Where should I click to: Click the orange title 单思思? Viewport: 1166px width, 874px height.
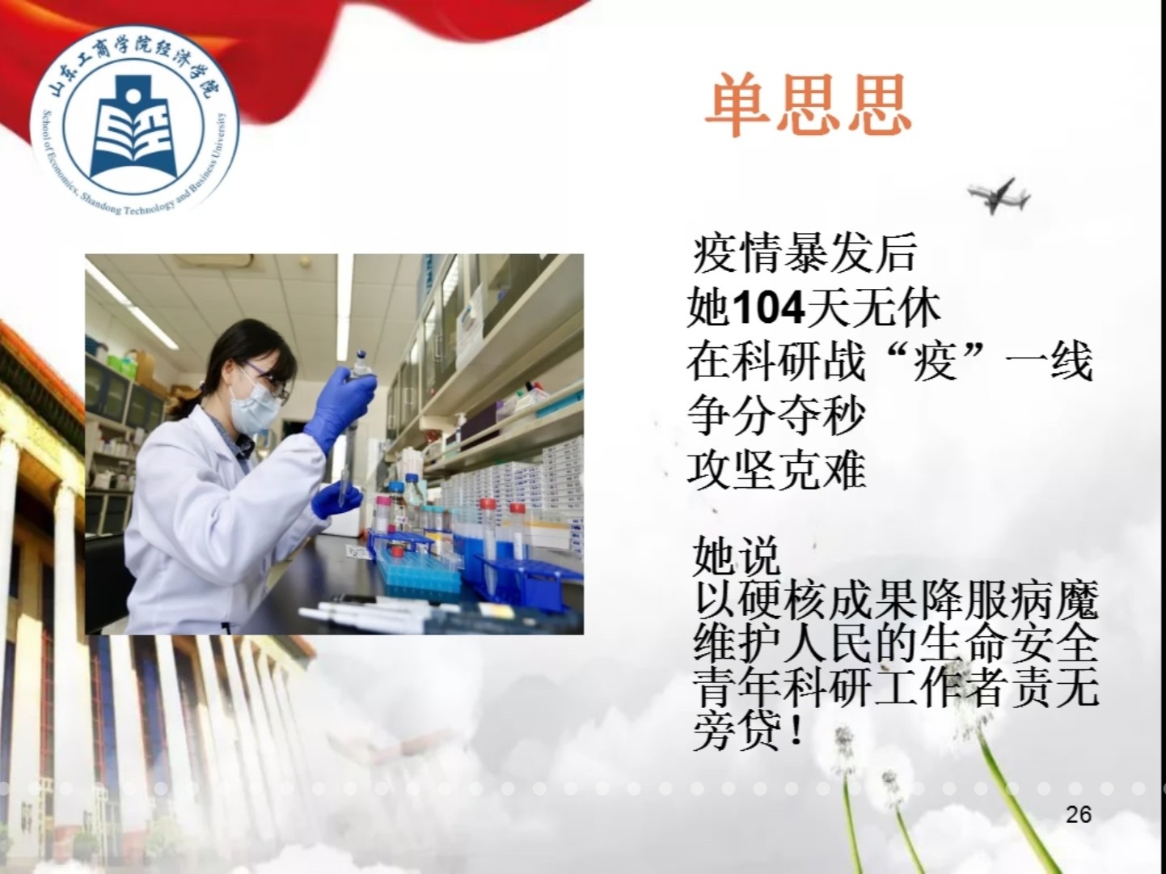coord(808,105)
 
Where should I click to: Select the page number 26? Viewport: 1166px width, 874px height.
coord(1079,814)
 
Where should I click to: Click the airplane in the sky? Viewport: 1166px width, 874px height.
coord(998,195)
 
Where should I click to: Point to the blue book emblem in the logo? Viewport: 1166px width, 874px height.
coord(134,127)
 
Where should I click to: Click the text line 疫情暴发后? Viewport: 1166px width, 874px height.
coord(805,253)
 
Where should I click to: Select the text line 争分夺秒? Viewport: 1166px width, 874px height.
coord(776,415)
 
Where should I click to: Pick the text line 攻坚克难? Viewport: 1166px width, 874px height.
coord(776,469)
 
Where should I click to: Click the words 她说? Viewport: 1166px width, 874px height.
coord(737,556)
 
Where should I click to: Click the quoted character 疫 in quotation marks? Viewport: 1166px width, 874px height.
coord(934,362)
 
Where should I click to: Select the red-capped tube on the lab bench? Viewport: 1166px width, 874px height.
coord(486,526)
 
